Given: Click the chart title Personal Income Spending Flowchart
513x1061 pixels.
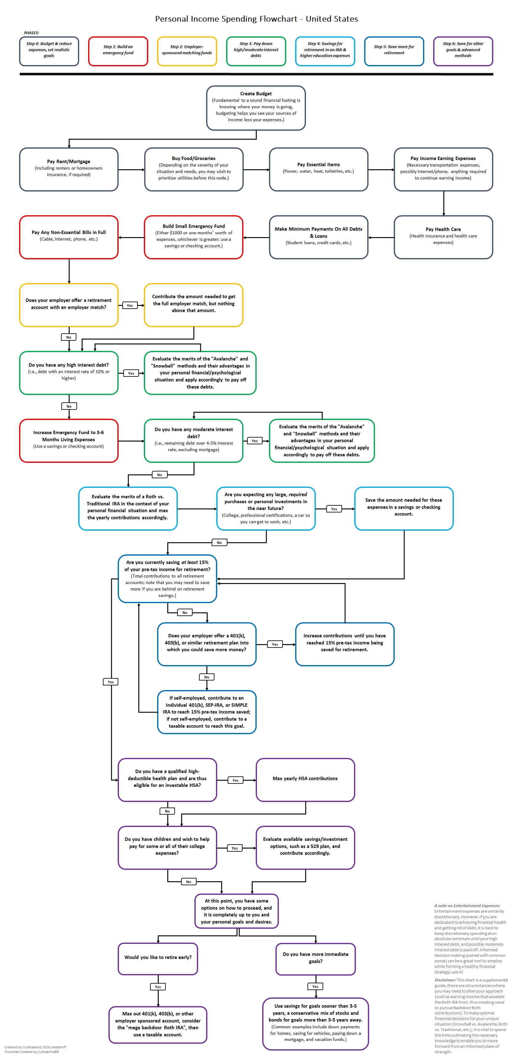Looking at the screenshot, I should pyautogui.click(x=256, y=19).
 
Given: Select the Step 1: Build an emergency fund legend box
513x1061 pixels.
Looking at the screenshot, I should pyautogui.click(x=118, y=51).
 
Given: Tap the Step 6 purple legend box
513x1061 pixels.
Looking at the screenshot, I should pyautogui.click(x=463, y=51).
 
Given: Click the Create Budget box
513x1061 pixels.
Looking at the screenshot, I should pyautogui.click(x=256, y=108).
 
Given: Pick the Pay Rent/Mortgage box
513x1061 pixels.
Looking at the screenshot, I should pyautogui.click(x=69, y=169).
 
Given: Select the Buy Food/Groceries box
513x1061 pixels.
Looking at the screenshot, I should pyautogui.click(x=193, y=169).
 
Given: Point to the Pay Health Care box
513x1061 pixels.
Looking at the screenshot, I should pyautogui.click(x=443, y=237).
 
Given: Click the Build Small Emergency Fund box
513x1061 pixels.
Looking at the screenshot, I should pyautogui.click(x=193, y=237).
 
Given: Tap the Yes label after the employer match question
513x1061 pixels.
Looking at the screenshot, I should pyautogui.click(x=130, y=305).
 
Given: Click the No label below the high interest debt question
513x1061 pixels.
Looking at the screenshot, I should pyautogui.click(x=69, y=406).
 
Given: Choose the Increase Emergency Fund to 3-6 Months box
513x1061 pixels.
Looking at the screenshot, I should pyautogui.click(x=69, y=440).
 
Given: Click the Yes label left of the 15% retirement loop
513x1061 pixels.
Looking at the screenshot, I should pyautogui.click(x=111, y=682).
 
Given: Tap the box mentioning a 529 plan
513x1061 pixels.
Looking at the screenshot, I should pyautogui.click(x=305, y=847).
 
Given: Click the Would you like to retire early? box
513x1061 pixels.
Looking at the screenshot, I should pyautogui.click(x=158, y=958).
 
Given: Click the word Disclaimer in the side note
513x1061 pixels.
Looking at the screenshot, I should pyautogui.click(x=445, y=980).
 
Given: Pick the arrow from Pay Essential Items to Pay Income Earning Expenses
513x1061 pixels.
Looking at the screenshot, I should pyautogui.click(x=381, y=169).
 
